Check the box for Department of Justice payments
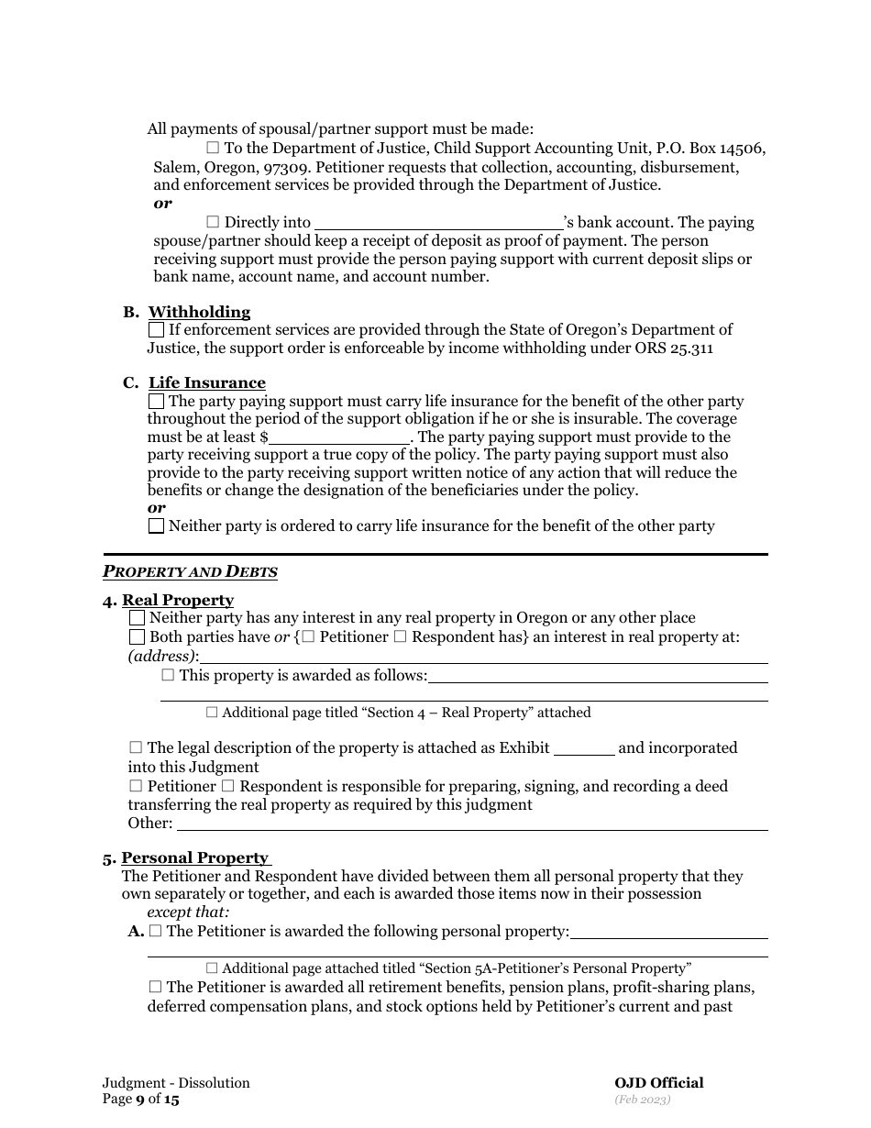pyautogui.click(x=213, y=148)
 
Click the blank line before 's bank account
pyautogui.click(x=438, y=223)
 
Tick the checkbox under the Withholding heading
pyautogui.click(x=157, y=329)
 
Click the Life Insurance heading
pyautogui.click(x=207, y=382)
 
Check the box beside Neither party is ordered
pyautogui.click(x=157, y=526)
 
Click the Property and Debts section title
pyautogui.click(x=190, y=572)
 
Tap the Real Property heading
pyautogui.click(x=178, y=600)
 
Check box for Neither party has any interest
pyautogui.click(x=138, y=618)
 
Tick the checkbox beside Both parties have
pyautogui.click(x=138, y=636)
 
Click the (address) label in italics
pyautogui.click(x=162, y=657)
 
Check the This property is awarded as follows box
pyautogui.click(x=168, y=675)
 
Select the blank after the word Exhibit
pyautogui.click(x=584, y=748)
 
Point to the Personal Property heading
pyautogui.click(x=194, y=857)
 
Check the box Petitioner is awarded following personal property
pyautogui.click(x=155, y=931)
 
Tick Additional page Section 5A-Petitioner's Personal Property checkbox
pyautogui.click(x=212, y=968)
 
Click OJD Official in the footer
pyautogui.click(x=658, y=1083)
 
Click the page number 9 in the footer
pyautogui.click(x=140, y=1099)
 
